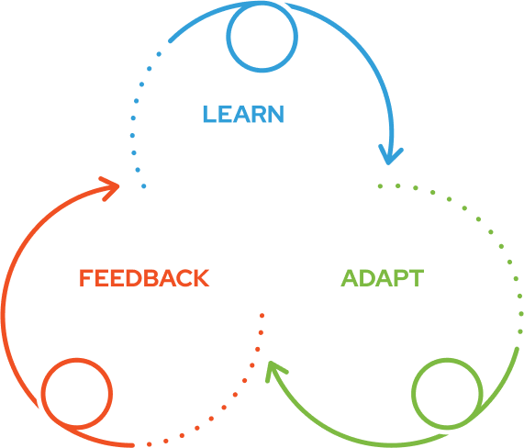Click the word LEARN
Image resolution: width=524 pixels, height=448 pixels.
(243, 114)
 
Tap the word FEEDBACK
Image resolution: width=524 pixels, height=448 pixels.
(144, 278)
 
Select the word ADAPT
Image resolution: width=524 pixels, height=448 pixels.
(383, 278)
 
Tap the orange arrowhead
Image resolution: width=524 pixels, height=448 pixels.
(116, 186)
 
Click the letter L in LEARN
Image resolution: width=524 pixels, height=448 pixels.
(209, 114)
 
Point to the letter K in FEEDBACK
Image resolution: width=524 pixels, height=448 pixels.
(201, 278)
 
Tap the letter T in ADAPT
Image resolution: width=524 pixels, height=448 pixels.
(416, 278)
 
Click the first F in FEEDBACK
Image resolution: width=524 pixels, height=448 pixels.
(86, 278)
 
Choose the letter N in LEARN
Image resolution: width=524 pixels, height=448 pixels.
(276, 114)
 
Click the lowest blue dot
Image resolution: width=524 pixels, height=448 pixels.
(144, 185)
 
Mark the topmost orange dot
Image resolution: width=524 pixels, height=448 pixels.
(262, 315)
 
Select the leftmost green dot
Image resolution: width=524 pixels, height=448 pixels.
(380, 185)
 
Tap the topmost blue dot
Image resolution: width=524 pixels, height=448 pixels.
(159, 54)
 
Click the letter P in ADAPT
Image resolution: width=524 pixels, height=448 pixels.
(399, 278)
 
